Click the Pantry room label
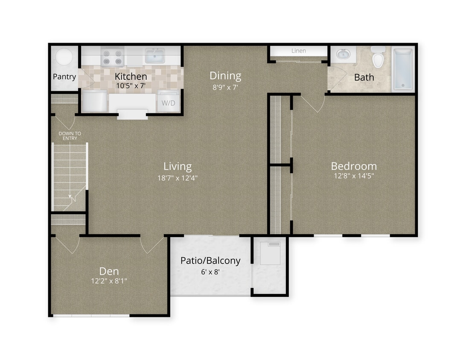point(64,77)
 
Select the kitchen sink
point(155,55)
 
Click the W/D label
point(168,103)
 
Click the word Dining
point(225,76)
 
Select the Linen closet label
point(299,51)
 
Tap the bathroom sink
point(344,55)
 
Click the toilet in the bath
point(378,58)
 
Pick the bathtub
point(403,69)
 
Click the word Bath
point(364,78)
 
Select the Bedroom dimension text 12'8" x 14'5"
point(354,176)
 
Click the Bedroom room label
point(354,166)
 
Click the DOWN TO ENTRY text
point(69,136)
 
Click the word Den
point(109,271)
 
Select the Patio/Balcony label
point(210,260)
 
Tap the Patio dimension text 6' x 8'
point(210,271)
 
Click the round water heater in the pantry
point(64,57)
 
